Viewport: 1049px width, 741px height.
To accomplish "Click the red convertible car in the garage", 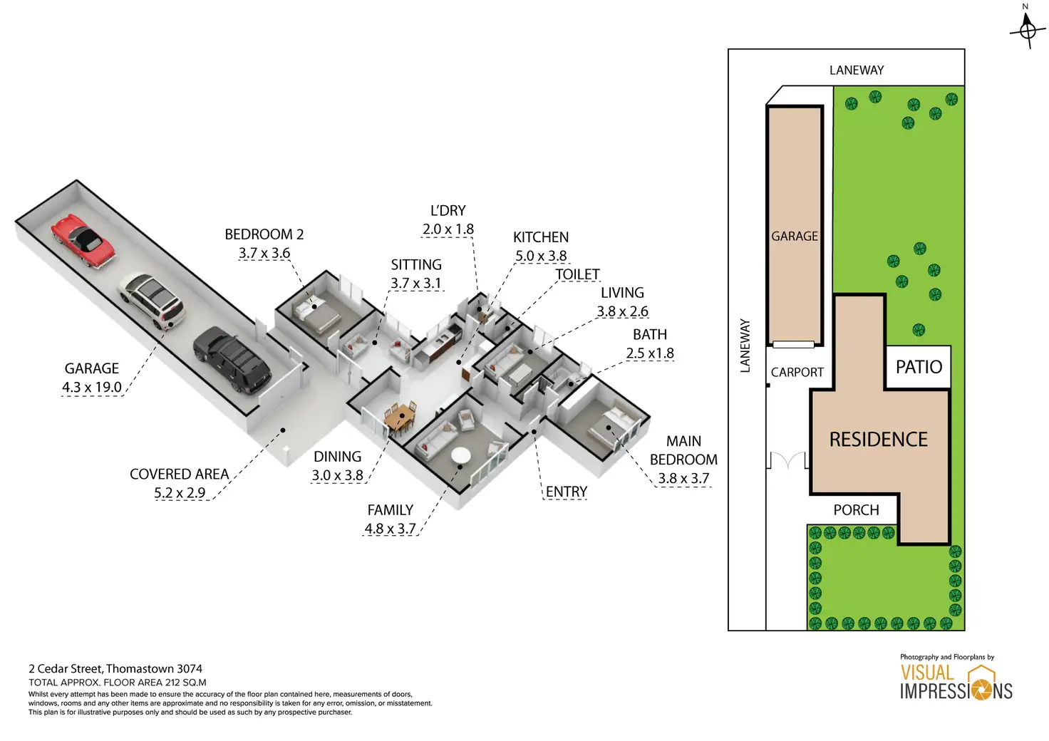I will [82, 240].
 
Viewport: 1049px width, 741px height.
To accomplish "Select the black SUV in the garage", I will [232, 359].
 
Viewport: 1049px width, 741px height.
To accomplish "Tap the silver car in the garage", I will [152, 301].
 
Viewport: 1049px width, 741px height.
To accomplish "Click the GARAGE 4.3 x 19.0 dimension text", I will [92, 387].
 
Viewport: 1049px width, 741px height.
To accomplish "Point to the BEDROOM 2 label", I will [264, 234].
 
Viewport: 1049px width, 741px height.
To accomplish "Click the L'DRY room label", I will [448, 211].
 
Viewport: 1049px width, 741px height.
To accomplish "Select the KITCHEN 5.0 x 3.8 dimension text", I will [541, 256].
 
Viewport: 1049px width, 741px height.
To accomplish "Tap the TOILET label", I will [577, 274].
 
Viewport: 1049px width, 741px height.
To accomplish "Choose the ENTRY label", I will [567, 492].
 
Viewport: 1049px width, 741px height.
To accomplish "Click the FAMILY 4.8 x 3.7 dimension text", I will [390, 529].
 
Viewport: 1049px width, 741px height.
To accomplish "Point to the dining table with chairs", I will [400, 418].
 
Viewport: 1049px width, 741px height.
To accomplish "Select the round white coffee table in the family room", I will [460, 455].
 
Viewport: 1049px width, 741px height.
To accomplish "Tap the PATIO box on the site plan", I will [919, 367].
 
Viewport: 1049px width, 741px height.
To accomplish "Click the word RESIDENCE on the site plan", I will [878, 439].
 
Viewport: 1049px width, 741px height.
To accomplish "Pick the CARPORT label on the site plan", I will [797, 372].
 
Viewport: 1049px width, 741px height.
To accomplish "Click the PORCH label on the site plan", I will [856, 509].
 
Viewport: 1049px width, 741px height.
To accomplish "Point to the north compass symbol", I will [1027, 28].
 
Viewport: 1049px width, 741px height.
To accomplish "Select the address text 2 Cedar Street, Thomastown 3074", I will [115, 668].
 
